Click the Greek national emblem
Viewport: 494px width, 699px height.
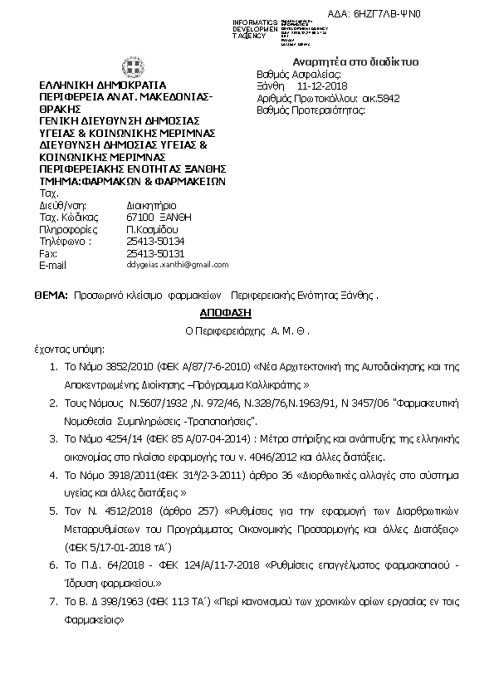pos(132,67)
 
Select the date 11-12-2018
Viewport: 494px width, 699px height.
pos(322,86)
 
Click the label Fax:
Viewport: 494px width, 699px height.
pos(48,252)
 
